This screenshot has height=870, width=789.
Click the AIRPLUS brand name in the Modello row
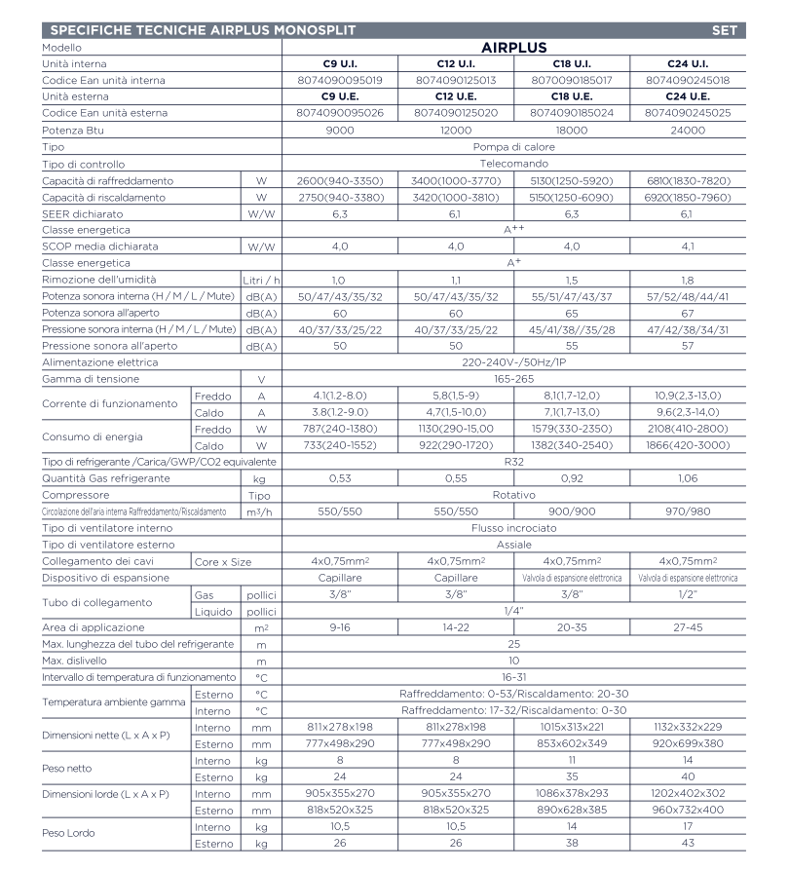click(x=513, y=47)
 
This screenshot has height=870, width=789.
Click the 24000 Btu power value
click(x=687, y=131)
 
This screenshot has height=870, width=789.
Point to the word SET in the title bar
click(x=726, y=30)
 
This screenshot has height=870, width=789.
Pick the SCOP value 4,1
click(x=687, y=247)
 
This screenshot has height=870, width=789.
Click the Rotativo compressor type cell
click(x=513, y=494)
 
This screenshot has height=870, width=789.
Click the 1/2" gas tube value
click(x=687, y=593)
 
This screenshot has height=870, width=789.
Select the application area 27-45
click(x=687, y=626)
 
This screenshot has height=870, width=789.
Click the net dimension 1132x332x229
click(x=687, y=727)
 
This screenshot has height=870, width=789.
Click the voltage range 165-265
click(x=513, y=378)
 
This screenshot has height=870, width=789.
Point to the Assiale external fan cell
click(x=513, y=544)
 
